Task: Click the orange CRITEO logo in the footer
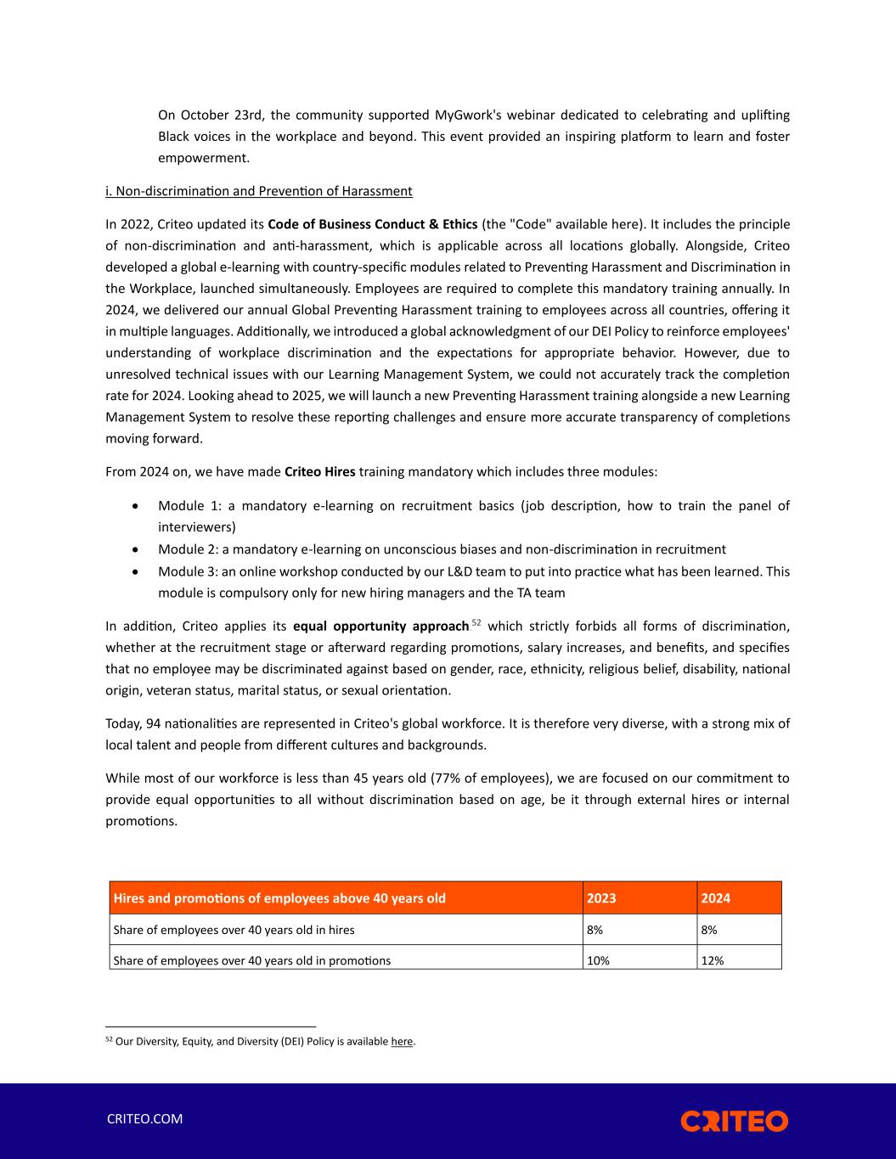[734, 1121]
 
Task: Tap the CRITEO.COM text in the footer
[144, 1118]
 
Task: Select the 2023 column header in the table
[601, 898]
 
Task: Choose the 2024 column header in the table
[715, 898]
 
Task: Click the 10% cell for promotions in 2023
[598, 960]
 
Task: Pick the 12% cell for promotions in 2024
[712, 960]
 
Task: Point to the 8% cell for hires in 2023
[595, 930]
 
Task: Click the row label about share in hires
[234, 930]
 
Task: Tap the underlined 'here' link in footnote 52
[402, 1042]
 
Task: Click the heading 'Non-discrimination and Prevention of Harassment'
[258, 191]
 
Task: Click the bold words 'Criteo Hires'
[319, 471]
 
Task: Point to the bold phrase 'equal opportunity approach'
[380, 627]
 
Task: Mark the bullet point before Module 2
[137, 550]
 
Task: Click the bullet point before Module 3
[137, 572]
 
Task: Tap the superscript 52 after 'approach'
[476, 623]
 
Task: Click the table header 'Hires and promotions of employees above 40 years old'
[279, 898]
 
